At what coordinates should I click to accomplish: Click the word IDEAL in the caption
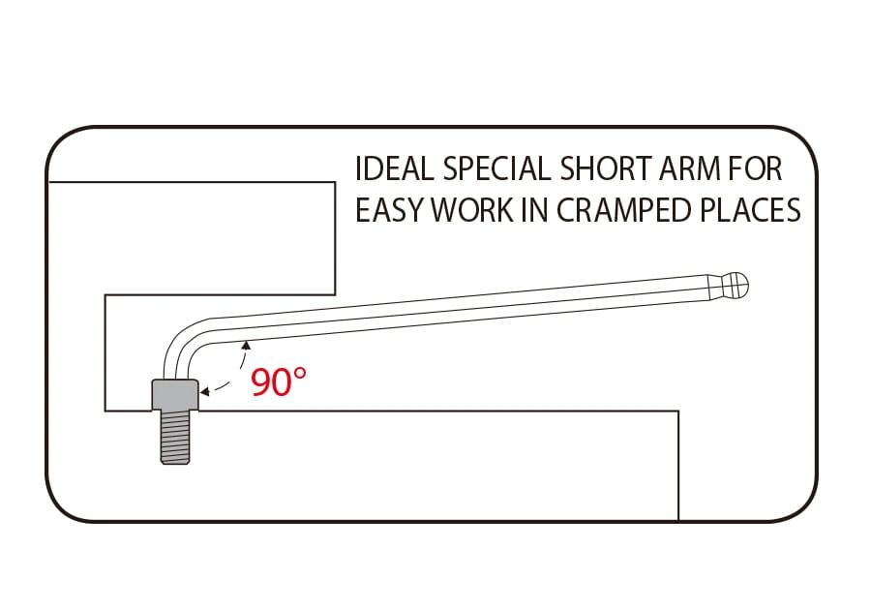point(394,168)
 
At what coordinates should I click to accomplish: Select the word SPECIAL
point(496,168)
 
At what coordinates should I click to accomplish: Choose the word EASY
point(389,210)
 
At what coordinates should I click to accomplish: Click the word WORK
point(472,210)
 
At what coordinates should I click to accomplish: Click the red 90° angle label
point(279,381)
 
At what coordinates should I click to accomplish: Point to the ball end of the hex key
point(735,286)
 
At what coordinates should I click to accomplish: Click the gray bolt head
point(175,394)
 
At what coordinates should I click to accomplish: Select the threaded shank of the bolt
point(175,438)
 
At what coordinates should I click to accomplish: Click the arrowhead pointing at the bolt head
point(204,392)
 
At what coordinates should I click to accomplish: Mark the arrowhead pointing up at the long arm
point(246,346)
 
